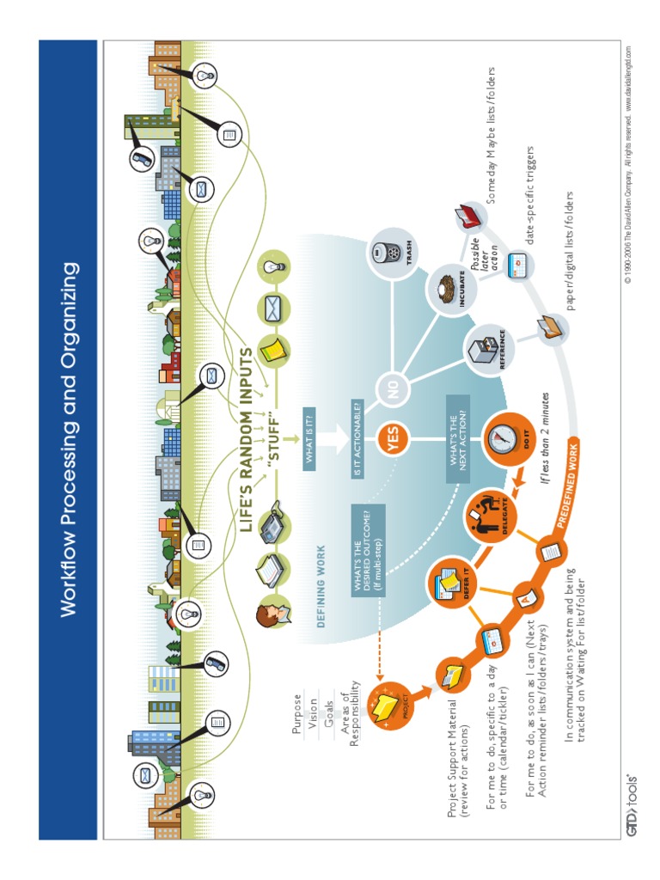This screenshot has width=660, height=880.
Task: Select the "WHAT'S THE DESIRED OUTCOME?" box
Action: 368,551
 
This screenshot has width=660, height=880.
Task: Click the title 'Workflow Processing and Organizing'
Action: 69,440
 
